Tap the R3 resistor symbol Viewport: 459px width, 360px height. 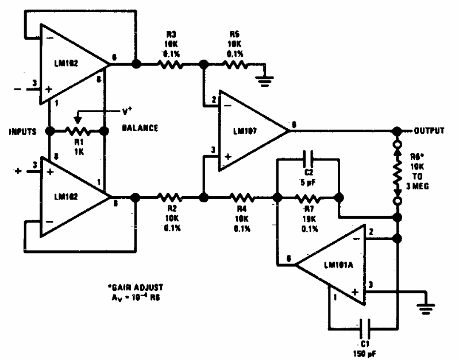[169, 64]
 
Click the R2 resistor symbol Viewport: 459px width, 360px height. [169, 197]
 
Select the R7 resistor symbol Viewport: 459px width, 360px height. [308, 197]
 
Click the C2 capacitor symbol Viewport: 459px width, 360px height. [308, 158]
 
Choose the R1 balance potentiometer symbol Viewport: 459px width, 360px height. [76, 131]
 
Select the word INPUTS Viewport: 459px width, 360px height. [22, 131]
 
